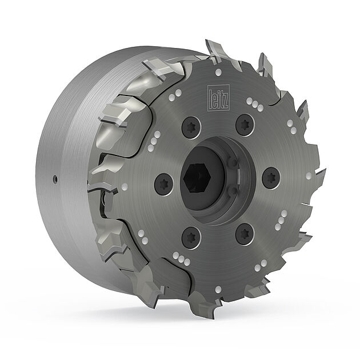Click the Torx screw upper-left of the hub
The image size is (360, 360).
point(191,127)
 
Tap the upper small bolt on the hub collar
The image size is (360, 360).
point(233,164)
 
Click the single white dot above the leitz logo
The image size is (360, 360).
point(218,71)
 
